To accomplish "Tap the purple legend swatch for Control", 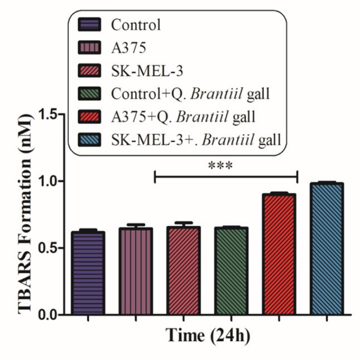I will [90, 24].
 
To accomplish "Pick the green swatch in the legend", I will [90, 92].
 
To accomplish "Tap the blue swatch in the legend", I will [90, 138].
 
